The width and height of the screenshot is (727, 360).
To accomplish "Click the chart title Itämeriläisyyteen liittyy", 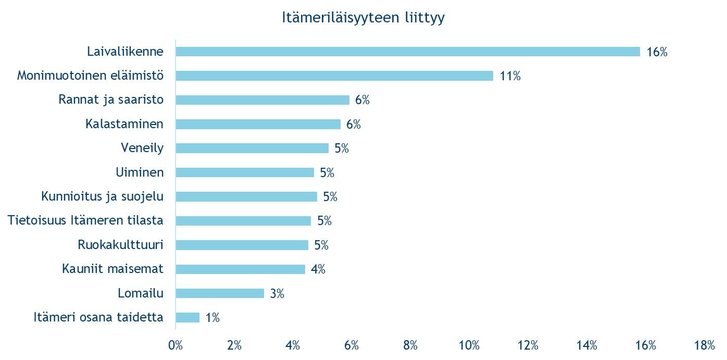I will (x=363, y=18).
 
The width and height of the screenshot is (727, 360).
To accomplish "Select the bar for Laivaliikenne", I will (x=407, y=52).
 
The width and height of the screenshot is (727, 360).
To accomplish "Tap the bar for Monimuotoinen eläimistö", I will (x=334, y=76).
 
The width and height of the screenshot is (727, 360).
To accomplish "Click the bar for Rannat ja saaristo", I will (x=262, y=100).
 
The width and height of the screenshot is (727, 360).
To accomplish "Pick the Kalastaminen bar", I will (x=258, y=124).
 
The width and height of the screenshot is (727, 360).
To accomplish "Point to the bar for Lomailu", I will (x=220, y=293).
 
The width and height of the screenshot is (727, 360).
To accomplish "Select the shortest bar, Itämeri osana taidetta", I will (x=187, y=318).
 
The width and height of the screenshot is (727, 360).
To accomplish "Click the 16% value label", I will (x=657, y=52).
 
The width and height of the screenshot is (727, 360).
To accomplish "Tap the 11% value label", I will (x=510, y=76).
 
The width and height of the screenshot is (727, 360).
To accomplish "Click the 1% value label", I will (x=212, y=318).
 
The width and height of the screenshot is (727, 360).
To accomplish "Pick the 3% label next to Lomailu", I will (x=277, y=294).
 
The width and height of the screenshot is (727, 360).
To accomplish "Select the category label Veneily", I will (x=142, y=148).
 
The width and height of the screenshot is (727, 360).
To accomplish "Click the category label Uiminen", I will (x=139, y=172).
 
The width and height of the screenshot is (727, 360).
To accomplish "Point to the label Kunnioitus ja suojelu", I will (x=102, y=196).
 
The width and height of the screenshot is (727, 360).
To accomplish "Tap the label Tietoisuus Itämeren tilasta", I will (x=85, y=220).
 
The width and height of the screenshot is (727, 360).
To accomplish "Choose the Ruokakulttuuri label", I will (x=120, y=245).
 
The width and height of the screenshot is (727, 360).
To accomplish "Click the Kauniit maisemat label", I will (x=112, y=269).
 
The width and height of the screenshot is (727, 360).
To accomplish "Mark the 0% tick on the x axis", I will (x=176, y=345).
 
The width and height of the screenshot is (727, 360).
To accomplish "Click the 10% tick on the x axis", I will (x=469, y=345).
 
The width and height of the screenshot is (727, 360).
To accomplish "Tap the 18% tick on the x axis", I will (x=704, y=345).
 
